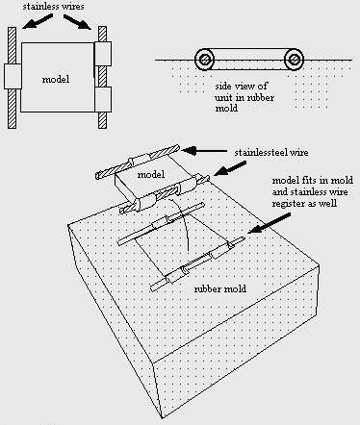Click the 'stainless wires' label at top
click(53, 7)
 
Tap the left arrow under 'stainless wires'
click(38, 22)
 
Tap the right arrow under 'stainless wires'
click(78, 22)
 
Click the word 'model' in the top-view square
click(56, 79)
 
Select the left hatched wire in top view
click(12, 78)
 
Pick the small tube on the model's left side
click(13, 76)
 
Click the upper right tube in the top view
click(103, 54)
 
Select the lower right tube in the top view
click(103, 99)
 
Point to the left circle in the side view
click(204, 60)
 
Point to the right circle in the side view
click(294, 60)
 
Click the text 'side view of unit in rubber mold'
click(244, 97)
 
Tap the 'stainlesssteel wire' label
click(271, 152)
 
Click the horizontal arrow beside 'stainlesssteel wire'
click(204, 150)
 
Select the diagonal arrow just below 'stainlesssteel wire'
click(230, 168)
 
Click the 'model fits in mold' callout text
click(313, 180)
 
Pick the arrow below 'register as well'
click(270, 223)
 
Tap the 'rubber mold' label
click(220, 288)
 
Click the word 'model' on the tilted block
click(151, 174)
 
